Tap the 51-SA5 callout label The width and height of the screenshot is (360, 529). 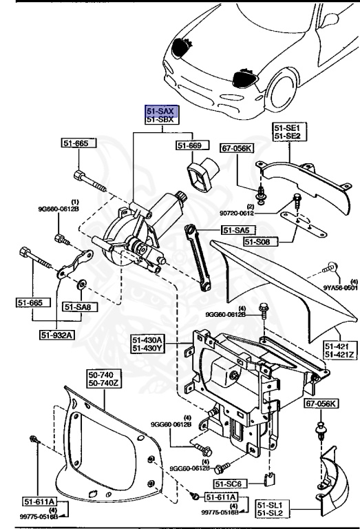coord(235,231)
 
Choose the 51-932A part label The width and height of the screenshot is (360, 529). coord(56,335)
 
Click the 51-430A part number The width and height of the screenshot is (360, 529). coord(148,340)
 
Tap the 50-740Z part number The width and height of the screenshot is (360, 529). coord(103,384)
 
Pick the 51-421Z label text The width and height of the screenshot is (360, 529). coord(340,354)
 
